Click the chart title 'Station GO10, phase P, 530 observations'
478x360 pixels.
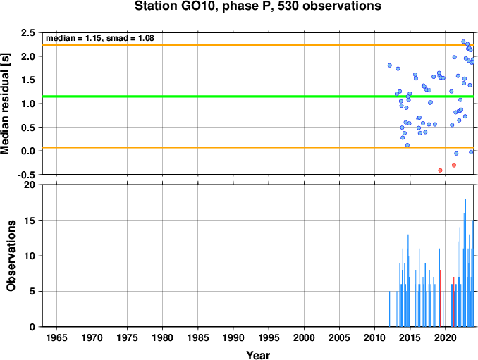coord(257,6)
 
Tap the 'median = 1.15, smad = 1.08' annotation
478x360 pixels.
coord(100,38)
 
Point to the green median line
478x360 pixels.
coord(258,97)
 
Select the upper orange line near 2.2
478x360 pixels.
coord(258,45)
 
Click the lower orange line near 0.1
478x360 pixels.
coord(258,148)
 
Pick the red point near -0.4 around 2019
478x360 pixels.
coord(440,170)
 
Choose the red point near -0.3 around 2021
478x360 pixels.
coord(454,165)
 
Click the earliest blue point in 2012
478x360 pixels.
coord(390,66)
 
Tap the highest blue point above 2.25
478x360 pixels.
coord(463,42)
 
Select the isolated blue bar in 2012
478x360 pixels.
coord(390,309)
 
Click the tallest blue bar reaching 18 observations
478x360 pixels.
coord(465,263)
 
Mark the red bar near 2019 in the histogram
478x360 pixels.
coord(440,298)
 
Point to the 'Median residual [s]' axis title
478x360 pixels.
coord(5,104)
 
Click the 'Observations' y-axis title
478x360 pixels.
coord(11,256)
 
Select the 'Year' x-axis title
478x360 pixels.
coord(258,355)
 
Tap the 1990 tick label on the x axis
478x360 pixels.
coord(233,337)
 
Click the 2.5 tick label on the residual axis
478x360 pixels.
coord(28,32)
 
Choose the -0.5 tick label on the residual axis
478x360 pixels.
coord(26,175)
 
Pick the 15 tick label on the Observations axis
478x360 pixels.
coord(30,221)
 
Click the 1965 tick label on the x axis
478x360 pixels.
coord(56,337)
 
